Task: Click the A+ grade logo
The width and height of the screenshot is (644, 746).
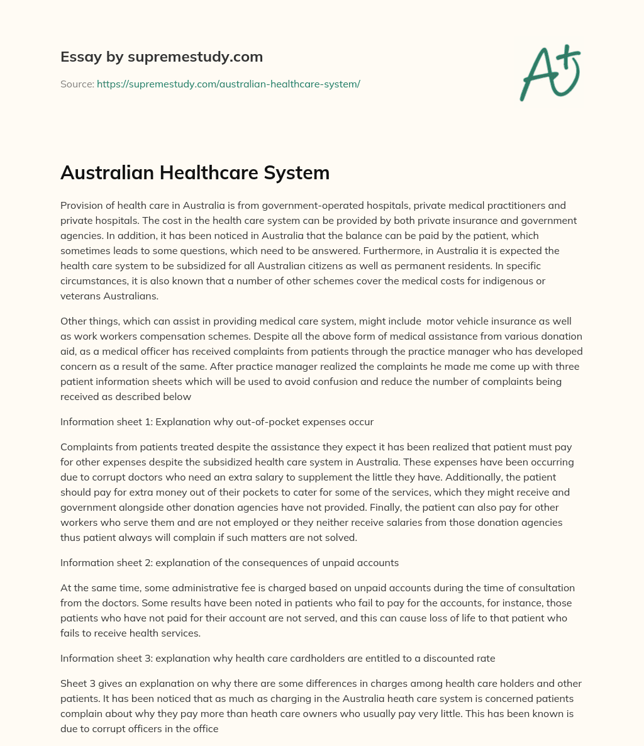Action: [549, 73]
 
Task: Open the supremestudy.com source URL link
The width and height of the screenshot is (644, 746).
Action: [228, 84]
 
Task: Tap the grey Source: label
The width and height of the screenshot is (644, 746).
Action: [77, 84]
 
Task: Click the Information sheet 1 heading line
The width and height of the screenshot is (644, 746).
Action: [217, 421]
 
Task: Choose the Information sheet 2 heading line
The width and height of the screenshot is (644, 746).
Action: [230, 562]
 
